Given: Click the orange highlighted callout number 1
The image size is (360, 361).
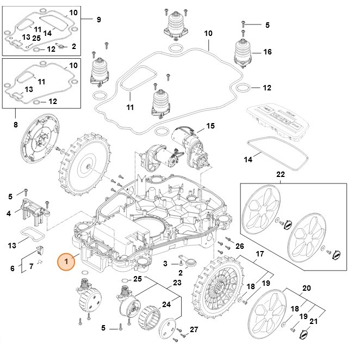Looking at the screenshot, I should tap(66, 261).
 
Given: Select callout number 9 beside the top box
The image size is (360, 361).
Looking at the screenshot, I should tap(98, 20).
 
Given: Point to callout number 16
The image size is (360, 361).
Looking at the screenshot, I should tap(267, 52).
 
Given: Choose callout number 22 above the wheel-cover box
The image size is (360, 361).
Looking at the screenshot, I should tap(280, 175).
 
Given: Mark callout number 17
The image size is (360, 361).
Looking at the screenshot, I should tap(259, 254).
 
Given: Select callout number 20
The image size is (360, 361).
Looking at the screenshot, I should tap(306, 289).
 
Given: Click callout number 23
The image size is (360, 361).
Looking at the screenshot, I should tap(177, 283).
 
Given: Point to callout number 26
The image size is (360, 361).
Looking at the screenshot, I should tap(240, 246).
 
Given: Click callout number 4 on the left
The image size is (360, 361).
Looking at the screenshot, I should tap(10, 213).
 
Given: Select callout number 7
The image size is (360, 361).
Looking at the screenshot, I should tap(31, 266).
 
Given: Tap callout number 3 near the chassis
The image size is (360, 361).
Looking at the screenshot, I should tap(165, 264).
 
